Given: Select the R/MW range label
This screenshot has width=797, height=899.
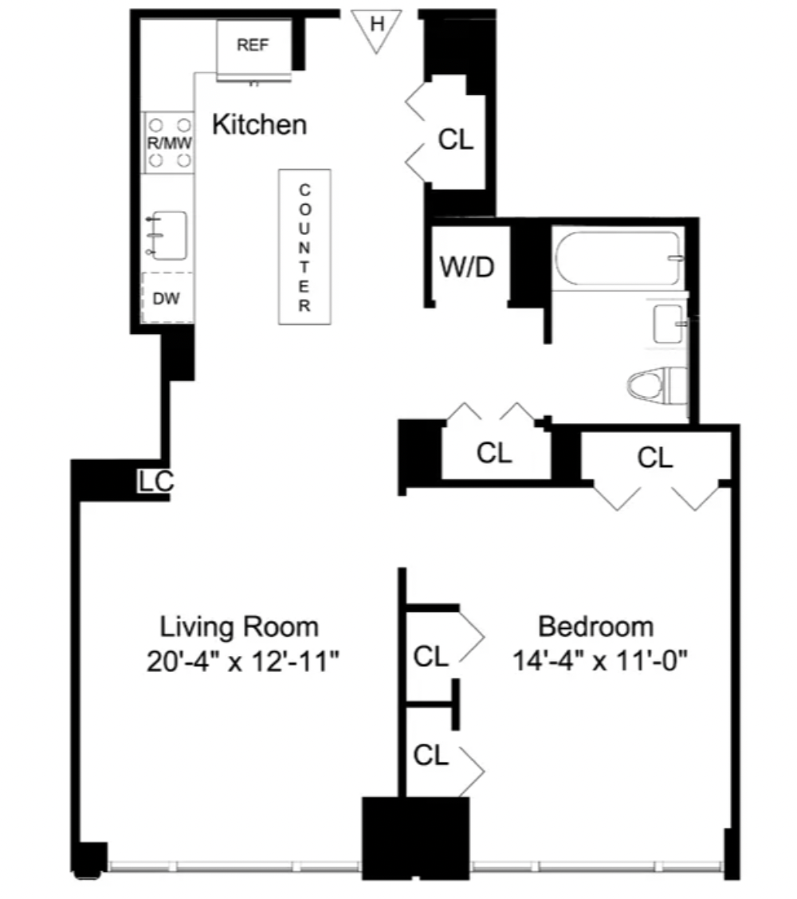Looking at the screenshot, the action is (169, 143).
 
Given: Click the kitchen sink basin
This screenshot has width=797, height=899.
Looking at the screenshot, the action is (168, 235).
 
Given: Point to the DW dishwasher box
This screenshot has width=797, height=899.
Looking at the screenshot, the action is (167, 297).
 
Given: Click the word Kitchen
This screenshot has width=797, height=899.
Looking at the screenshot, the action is (259, 124).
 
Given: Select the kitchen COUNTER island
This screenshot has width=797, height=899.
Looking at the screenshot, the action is (304, 246).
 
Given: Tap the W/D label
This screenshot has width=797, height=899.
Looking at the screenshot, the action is (467, 267).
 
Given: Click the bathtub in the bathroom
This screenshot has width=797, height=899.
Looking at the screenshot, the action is (618, 258).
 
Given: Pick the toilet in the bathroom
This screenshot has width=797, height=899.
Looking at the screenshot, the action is (657, 385).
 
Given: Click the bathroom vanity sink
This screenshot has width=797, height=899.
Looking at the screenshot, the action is (669, 324).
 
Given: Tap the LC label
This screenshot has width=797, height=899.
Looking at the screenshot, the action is (155, 481).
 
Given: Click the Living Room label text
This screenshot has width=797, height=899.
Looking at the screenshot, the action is (239, 626).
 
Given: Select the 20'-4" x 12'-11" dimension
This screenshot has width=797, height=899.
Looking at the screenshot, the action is (242, 661).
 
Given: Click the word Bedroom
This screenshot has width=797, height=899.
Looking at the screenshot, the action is (595, 626).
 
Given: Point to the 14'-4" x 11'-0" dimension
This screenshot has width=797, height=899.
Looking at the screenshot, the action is (600, 660).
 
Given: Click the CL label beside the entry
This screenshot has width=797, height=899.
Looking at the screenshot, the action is (456, 139).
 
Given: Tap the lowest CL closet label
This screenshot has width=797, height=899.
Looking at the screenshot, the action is (430, 755).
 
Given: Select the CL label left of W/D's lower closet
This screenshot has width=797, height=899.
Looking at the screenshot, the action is (493, 453).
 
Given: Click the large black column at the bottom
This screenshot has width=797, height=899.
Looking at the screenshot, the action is (416, 838).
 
